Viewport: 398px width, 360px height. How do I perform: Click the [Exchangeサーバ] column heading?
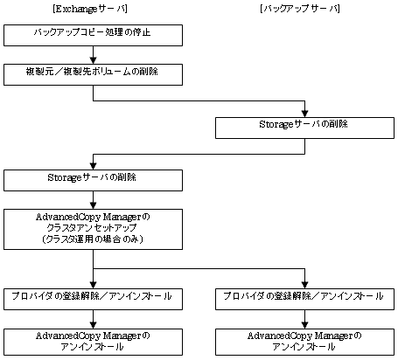point(90,9)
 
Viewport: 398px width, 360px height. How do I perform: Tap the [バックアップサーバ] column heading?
point(300,9)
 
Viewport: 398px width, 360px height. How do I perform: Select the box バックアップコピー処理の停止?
point(93,35)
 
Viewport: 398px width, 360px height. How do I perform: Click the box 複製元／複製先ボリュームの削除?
point(93,75)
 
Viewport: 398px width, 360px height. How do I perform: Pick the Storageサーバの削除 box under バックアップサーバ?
point(304,128)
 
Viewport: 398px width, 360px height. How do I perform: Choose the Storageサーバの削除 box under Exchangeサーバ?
point(93,181)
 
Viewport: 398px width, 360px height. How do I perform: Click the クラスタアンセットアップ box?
point(93,229)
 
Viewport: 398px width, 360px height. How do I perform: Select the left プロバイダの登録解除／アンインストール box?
point(93,299)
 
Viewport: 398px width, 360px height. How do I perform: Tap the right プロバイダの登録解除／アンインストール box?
point(304,299)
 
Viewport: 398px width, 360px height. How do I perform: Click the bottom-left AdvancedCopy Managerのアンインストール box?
point(93,343)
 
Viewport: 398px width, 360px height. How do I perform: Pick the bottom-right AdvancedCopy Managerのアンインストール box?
point(304,343)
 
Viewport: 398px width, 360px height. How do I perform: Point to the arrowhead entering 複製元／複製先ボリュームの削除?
point(93,60)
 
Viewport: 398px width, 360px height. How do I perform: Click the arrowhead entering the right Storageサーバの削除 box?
point(304,114)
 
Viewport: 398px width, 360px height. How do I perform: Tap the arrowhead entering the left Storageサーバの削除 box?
point(93,166)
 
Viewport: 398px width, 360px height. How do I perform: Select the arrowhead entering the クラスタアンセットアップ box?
point(93,205)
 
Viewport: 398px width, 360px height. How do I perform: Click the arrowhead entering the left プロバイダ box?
point(93,285)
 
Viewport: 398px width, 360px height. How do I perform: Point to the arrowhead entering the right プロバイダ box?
point(304,285)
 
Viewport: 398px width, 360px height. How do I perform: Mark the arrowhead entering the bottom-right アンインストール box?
point(304,325)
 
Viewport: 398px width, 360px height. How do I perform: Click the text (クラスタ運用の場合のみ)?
point(93,239)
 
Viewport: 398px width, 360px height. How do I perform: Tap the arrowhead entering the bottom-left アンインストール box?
point(93,325)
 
